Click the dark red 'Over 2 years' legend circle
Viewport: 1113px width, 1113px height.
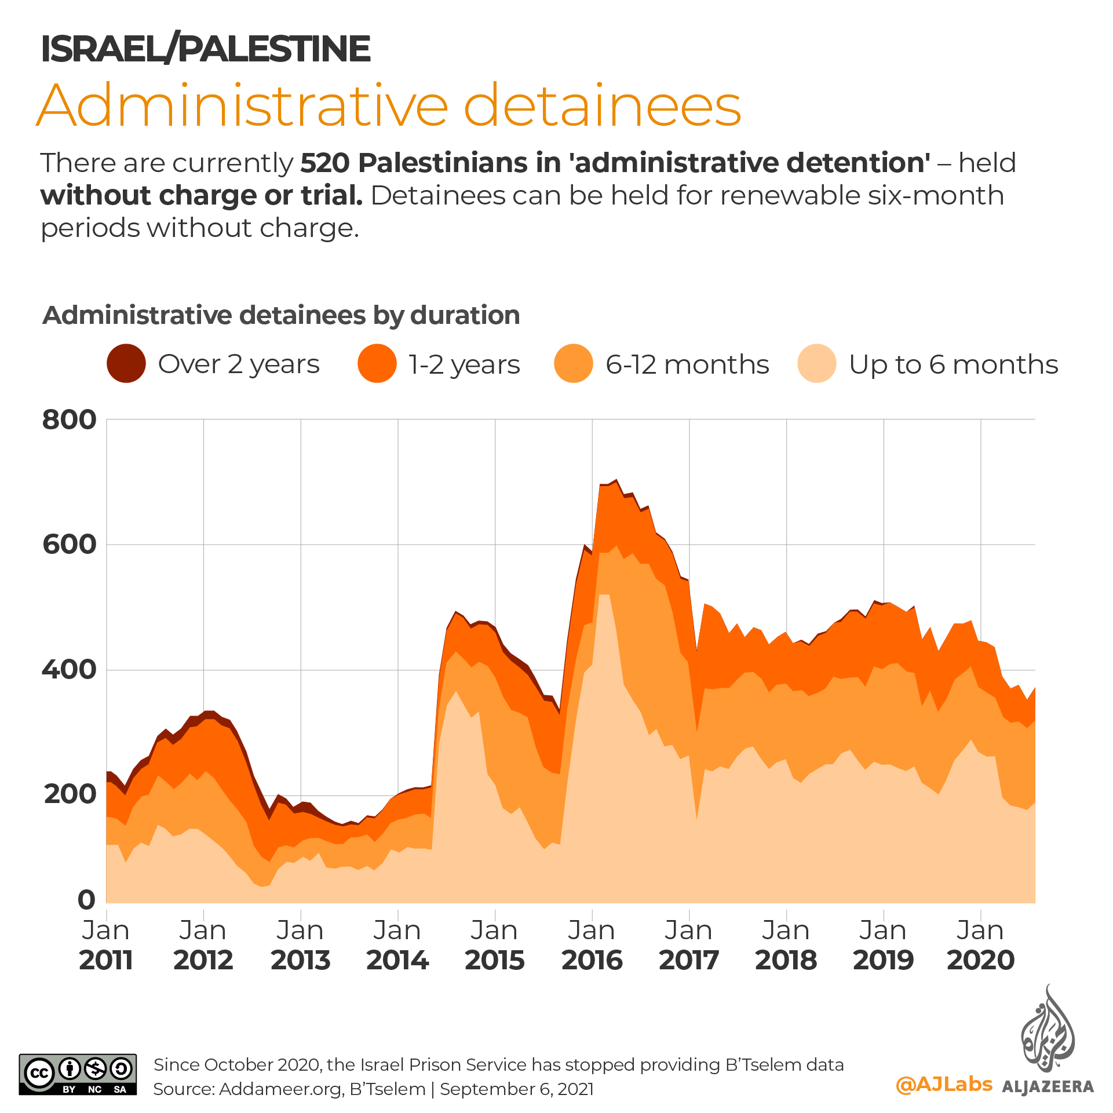[126, 364]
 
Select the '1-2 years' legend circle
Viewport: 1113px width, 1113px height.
[377, 364]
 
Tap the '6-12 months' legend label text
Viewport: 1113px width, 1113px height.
[687, 365]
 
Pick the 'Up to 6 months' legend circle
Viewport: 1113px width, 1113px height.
[816, 364]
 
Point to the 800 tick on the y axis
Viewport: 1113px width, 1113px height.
[69, 419]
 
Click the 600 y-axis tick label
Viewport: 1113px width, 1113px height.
[69, 545]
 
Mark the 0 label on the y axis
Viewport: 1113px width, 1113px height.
[86, 900]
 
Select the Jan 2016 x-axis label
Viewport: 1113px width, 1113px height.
[592, 945]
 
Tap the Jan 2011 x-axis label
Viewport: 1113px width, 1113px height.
[106, 945]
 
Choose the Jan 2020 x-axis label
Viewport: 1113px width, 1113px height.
[980, 945]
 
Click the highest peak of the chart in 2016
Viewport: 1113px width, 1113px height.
[616, 480]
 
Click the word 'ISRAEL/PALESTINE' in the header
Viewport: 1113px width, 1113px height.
[205, 49]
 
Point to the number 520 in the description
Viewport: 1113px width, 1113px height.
[324, 163]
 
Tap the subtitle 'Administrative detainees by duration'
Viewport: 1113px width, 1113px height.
[281, 315]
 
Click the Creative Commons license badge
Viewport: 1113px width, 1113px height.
[78, 1074]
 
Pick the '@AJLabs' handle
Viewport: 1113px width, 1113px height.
[944, 1084]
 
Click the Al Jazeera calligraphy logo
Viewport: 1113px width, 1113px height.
[1048, 1031]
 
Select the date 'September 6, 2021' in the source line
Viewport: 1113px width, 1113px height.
[516, 1089]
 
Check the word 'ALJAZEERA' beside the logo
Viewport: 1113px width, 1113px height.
[1048, 1086]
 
